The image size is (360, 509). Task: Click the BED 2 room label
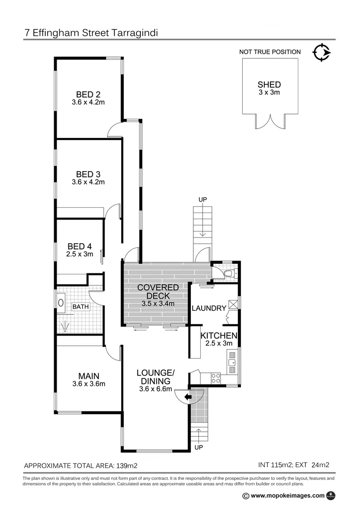tap(88, 94)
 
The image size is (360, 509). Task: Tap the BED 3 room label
tap(88, 173)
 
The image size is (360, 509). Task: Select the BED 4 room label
tap(80, 246)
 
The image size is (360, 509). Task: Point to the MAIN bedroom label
tap(89, 376)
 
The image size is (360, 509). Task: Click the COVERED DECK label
tap(158, 291)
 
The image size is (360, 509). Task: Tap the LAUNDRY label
tap(209, 308)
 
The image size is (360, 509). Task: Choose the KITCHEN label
tap(219, 336)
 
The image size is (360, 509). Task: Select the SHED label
tap(269, 85)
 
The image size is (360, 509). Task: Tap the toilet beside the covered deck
tap(229, 273)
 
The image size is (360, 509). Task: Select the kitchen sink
tap(231, 363)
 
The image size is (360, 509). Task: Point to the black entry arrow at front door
tap(188, 397)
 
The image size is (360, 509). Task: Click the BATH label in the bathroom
tap(80, 307)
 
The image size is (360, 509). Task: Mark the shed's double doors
tap(269, 121)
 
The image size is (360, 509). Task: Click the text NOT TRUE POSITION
tap(270, 52)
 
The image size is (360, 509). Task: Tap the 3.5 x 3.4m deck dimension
tap(158, 304)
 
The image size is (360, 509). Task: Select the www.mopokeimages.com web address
tap(287, 495)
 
